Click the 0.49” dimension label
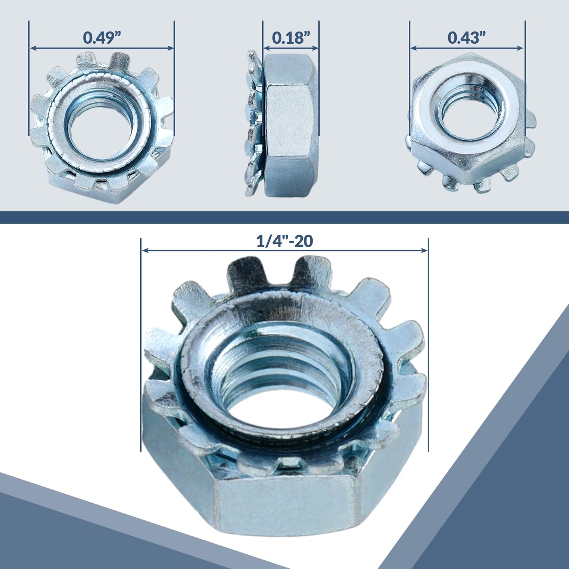point(102,37)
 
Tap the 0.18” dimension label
point(291,37)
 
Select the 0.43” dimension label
point(467,37)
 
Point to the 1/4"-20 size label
point(284,241)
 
